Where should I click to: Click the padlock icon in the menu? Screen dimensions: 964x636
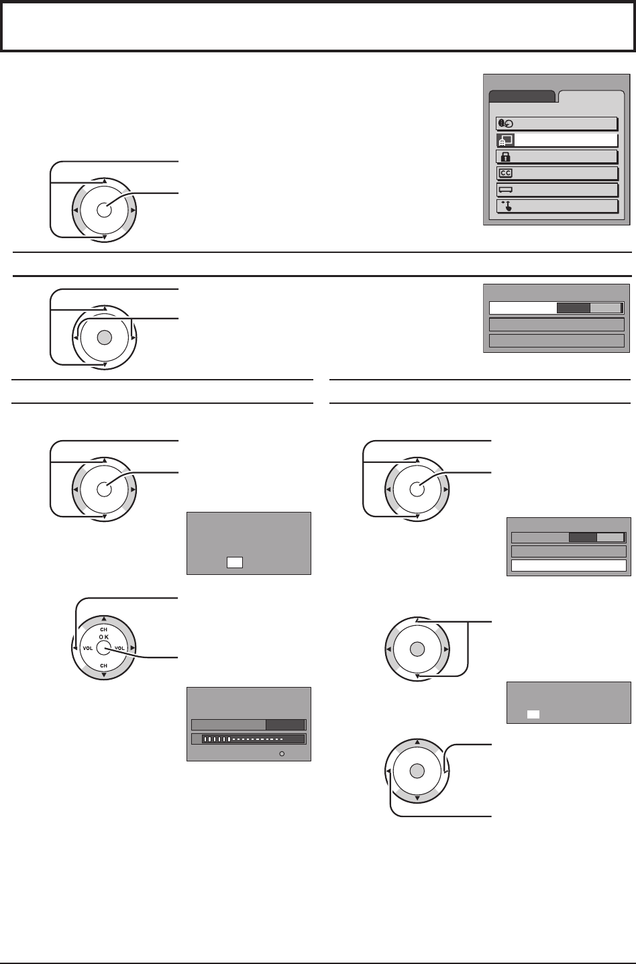tap(503, 156)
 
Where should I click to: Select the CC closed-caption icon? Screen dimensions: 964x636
tap(504, 173)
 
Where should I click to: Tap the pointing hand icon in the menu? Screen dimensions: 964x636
tap(504, 205)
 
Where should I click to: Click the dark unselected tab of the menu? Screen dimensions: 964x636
tap(522, 96)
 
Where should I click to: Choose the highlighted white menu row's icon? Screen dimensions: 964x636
tap(504, 140)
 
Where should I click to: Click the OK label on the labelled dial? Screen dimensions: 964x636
tap(103, 637)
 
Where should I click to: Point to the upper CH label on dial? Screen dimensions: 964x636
tap(103, 629)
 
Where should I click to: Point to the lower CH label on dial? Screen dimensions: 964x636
tap(103, 665)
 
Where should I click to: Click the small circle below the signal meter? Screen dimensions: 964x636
tap(282, 754)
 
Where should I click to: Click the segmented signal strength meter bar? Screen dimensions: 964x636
tap(248, 739)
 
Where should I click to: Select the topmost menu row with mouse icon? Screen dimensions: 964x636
tap(556, 123)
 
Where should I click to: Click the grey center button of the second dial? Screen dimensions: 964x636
tap(103, 337)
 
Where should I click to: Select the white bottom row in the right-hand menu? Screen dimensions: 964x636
tap(568, 566)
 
